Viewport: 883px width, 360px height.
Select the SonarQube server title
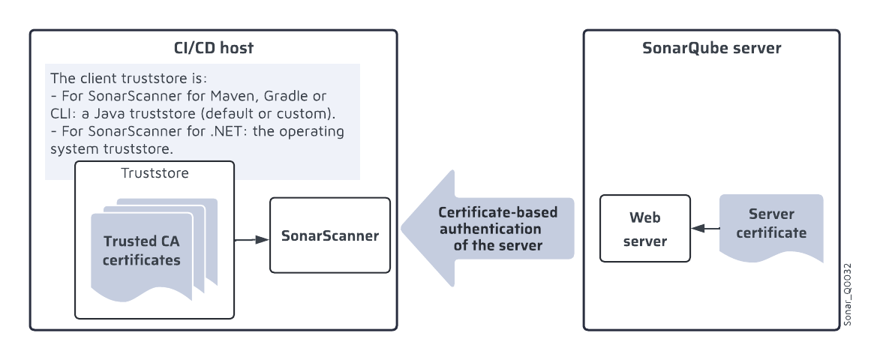point(711,49)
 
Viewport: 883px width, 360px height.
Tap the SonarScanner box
point(330,235)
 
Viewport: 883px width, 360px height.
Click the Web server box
point(645,229)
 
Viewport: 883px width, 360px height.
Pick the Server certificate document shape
point(771,224)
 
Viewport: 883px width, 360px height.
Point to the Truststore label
point(155,173)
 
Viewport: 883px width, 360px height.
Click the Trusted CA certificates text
point(142,251)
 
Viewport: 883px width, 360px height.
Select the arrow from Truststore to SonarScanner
point(252,240)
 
